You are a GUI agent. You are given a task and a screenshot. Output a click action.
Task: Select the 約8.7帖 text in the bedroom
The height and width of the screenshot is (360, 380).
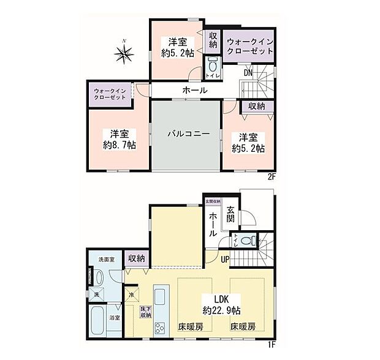click(120, 145)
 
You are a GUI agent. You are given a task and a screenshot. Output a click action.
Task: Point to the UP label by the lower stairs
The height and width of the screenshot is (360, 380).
click(225, 259)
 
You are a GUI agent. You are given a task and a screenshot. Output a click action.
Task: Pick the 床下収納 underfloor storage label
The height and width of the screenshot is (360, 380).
click(145, 312)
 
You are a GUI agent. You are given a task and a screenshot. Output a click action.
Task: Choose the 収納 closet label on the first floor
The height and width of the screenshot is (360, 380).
click(137, 260)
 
